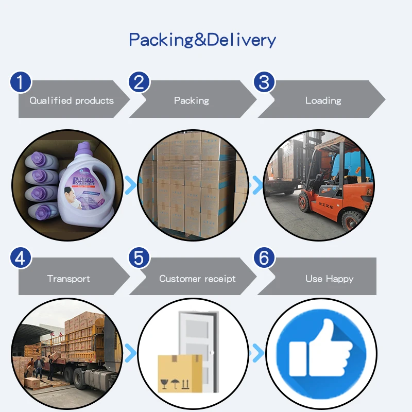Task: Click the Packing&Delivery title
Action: [x=202, y=40]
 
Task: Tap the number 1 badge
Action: [x=21, y=82]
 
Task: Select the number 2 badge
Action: [x=139, y=82]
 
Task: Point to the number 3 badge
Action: [x=264, y=82]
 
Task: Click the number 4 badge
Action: [x=21, y=258]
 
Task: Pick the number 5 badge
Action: [x=139, y=258]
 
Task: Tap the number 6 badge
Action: [x=264, y=258]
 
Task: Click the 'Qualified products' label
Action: [x=72, y=100]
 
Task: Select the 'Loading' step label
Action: [x=323, y=100]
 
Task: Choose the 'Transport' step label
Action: [x=68, y=279]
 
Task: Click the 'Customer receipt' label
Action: [x=197, y=279]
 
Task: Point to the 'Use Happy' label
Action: [x=329, y=279]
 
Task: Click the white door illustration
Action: [x=198, y=340]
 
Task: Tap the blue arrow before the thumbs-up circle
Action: [x=256, y=353]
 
